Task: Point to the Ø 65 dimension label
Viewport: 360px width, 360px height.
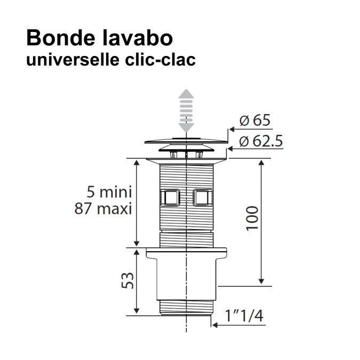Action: click(x=255, y=121)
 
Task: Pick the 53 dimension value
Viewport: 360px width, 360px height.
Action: click(x=126, y=280)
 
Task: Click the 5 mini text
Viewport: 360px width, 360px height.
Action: click(x=109, y=191)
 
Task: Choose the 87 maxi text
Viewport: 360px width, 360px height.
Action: click(x=102, y=208)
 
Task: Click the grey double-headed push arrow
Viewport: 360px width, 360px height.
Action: click(x=185, y=110)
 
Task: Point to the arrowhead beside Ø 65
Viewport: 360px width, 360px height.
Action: click(x=230, y=129)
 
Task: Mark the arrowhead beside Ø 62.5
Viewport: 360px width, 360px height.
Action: click(x=228, y=149)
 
